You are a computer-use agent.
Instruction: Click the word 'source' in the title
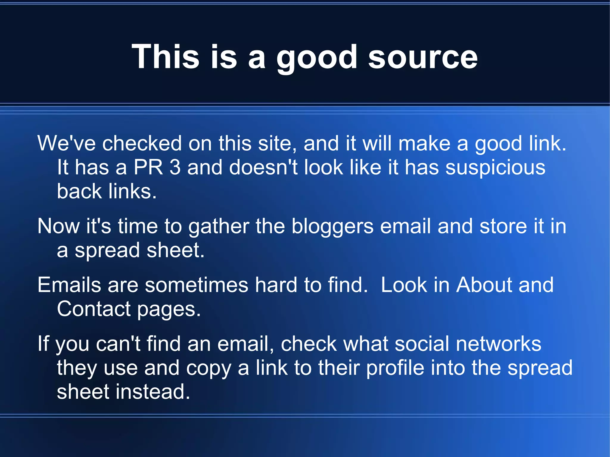[x=423, y=57]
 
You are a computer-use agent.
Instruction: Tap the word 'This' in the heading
[x=165, y=57]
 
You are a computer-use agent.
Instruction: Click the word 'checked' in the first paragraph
[x=142, y=144]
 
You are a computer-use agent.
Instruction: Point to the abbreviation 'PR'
[x=148, y=167]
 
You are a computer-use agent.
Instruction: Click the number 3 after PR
[x=175, y=167]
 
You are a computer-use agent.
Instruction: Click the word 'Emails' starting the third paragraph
[x=69, y=285]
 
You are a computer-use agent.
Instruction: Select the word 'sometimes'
[x=196, y=285]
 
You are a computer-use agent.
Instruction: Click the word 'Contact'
[x=94, y=309]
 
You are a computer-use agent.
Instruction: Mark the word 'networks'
[x=498, y=344]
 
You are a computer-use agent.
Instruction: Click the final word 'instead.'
[x=153, y=392]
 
